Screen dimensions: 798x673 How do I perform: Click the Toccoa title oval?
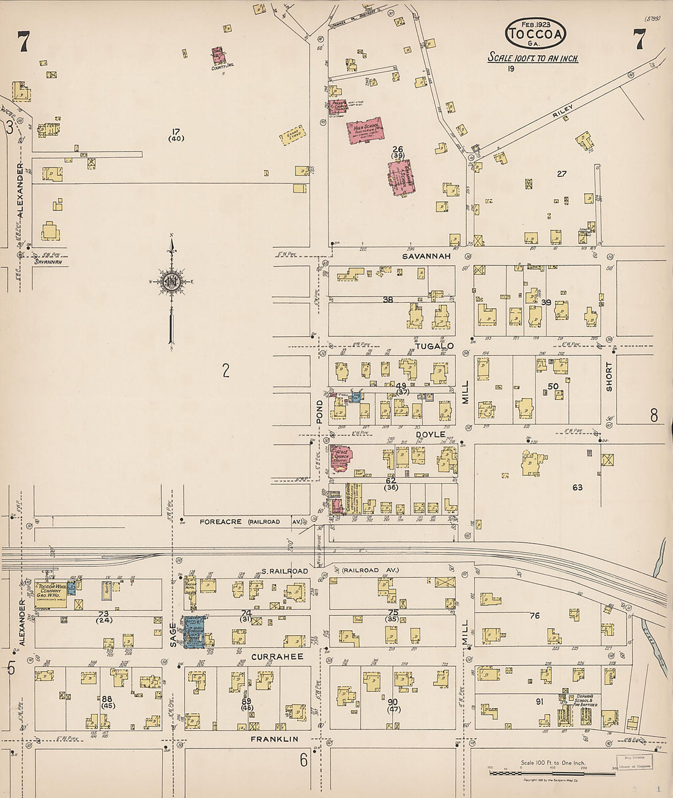tap(535, 34)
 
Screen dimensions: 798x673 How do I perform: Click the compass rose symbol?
tap(171, 282)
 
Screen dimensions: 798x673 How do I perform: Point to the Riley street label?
tap(563, 111)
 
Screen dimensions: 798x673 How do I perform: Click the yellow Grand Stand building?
tap(293, 136)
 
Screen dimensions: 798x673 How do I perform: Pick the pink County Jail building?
tap(218, 56)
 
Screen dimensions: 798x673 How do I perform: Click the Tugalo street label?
tap(434, 346)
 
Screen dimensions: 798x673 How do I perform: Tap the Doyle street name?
tap(431, 434)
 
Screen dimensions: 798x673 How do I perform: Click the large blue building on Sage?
tap(195, 632)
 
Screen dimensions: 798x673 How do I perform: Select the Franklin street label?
tap(275, 739)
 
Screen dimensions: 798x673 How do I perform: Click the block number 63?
tap(577, 487)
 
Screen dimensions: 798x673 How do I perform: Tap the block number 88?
tap(107, 699)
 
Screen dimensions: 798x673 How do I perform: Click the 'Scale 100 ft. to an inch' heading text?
tap(532, 59)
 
